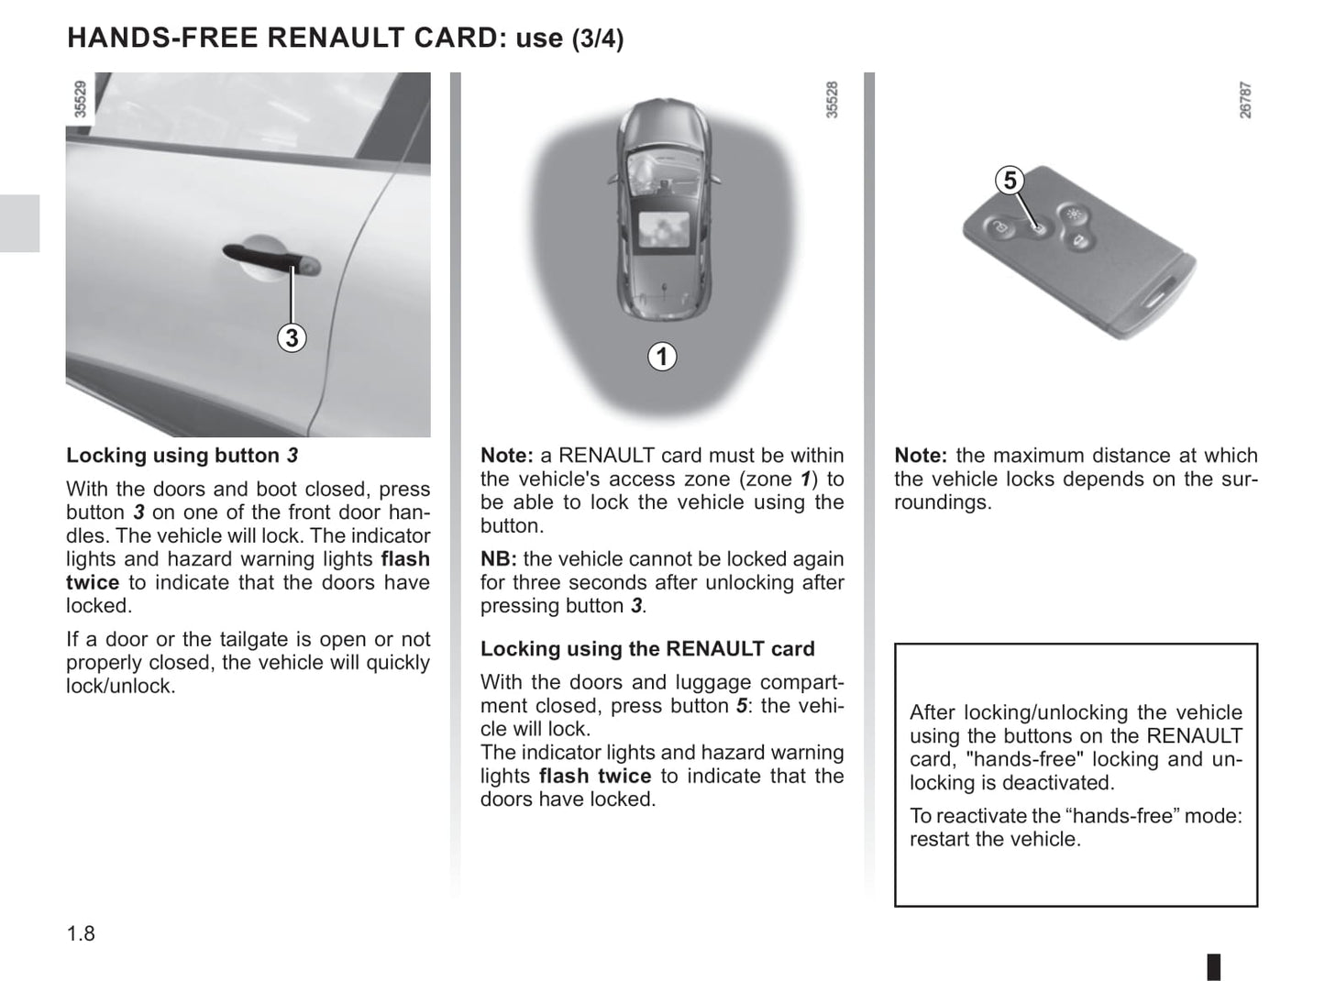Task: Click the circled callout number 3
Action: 292,338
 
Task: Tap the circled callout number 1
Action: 662,356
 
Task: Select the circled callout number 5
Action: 1010,181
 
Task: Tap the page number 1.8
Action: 81,934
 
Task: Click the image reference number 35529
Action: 81,99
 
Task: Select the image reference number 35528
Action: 832,99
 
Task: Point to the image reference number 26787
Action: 1245,99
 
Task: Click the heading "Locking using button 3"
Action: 182,456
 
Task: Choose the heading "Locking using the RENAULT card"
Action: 646,649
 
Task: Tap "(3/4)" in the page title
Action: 598,39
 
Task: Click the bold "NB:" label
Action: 499,559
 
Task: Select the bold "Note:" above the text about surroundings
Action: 921,456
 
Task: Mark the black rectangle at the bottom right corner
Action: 1213,966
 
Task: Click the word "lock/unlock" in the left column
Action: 119,686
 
